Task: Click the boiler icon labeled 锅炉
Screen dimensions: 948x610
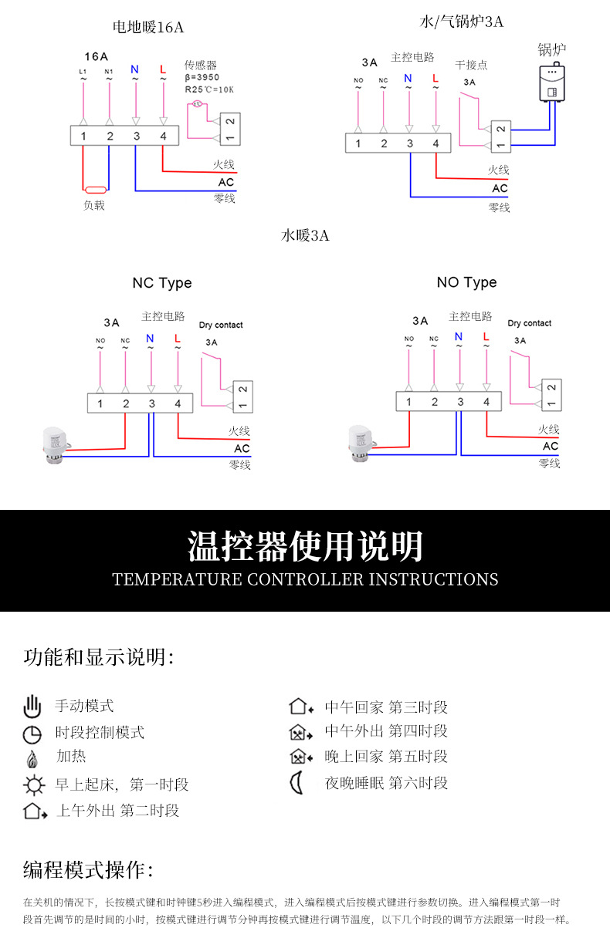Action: (x=552, y=83)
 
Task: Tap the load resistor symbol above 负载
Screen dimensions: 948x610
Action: (x=95, y=189)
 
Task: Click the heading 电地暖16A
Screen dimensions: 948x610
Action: (x=148, y=27)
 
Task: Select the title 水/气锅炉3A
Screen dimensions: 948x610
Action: (x=462, y=22)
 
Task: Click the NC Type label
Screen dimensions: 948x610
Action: (x=162, y=283)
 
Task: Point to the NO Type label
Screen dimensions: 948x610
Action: (x=466, y=282)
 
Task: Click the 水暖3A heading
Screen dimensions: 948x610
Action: (x=305, y=235)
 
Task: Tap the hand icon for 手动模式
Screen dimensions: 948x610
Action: (x=32, y=706)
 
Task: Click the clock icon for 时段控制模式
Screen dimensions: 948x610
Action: (x=32, y=733)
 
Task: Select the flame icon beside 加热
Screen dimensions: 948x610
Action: (x=32, y=758)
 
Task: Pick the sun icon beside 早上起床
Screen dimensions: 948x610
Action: (x=33, y=785)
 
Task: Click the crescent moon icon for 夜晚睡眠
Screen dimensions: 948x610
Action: (x=297, y=783)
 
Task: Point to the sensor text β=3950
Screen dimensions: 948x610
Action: (x=202, y=77)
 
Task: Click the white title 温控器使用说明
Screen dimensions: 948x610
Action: (x=305, y=546)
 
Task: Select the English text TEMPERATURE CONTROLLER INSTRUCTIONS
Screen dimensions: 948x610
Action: (x=305, y=579)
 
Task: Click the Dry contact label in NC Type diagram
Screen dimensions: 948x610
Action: (x=221, y=325)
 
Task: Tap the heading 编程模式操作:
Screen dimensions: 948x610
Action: (x=89, y=870)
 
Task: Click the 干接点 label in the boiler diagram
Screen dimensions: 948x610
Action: (x=471, y=65)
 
